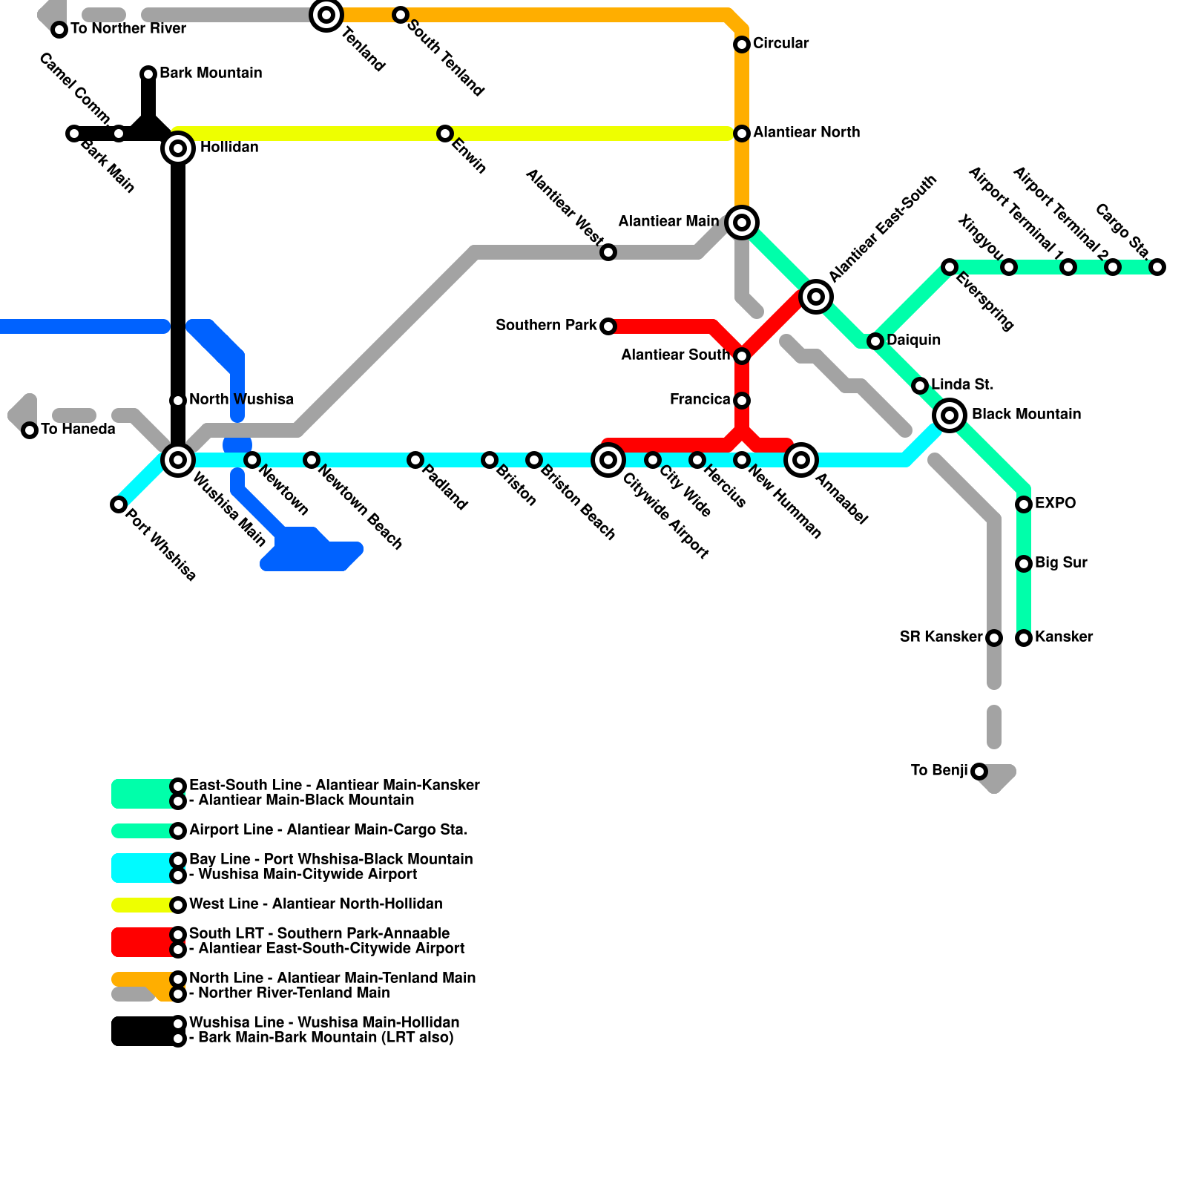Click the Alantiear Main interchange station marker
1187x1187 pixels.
(x=742, y=222)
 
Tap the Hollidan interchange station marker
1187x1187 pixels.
(x=178, y=148)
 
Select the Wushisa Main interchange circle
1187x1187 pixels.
(x=178, y=460)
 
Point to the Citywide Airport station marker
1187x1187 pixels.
(x=608, y=460)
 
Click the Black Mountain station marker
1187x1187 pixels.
(x=950, y=415)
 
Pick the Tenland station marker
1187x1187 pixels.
(x=326, y=15)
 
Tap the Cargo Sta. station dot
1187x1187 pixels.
(x=1157, y=267)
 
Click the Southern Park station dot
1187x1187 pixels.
(x=608, y=326)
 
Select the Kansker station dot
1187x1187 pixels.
(x=1024, y=638)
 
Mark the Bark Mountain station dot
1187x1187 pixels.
(x=148, y=73)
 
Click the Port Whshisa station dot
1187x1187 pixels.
(x=119, y=504)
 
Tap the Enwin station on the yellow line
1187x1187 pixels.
(x=445, y=134)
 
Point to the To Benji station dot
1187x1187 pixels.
(x=979, y=772)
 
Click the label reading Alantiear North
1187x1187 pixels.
(x=806, y=133)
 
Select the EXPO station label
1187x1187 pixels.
(x=1055, y=504)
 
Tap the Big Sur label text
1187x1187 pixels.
(x=1061, y=563)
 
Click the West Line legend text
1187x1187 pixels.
(x=315, y=904)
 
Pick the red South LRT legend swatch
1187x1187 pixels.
(x=141, y=942)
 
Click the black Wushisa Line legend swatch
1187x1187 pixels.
(x=141, y=1031)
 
